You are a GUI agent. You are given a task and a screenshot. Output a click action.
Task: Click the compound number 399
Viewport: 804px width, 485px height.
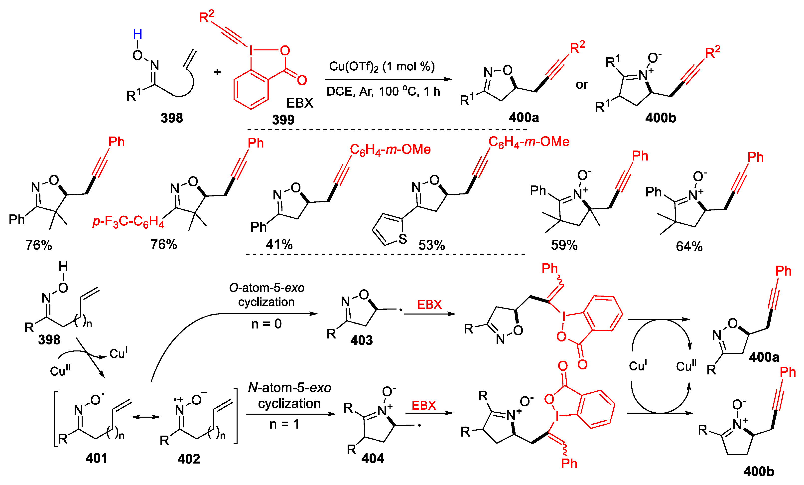[283, 120]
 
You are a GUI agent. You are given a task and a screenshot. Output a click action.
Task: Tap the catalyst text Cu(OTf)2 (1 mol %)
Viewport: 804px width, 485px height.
[382, 67]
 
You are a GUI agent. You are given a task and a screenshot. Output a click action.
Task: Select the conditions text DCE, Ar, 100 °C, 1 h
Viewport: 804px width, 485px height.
[383, 91]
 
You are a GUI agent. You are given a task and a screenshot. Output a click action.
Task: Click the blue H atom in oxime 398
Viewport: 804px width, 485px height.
[137, 34]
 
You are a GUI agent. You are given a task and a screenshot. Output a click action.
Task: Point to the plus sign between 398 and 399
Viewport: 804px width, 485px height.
[217, 72]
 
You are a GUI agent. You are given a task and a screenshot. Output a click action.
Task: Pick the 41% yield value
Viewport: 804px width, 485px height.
[279, 244]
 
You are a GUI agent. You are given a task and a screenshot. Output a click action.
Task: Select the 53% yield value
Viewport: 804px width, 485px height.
[431, 245]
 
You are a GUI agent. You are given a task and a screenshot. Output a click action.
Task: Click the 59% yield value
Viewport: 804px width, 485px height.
[564, 245]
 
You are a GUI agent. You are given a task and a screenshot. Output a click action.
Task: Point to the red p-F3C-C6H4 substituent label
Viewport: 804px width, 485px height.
[128, 222]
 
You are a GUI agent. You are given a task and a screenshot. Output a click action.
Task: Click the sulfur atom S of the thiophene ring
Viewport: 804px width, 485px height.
[403, 239]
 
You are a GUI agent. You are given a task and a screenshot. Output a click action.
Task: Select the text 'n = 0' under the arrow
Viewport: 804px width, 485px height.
[266, 324]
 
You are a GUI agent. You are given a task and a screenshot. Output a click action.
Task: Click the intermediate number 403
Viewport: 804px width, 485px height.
[361, 341]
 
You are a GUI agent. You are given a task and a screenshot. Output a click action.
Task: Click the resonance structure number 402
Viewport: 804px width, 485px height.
[189, 459]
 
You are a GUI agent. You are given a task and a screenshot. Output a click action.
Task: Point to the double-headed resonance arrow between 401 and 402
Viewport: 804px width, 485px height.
[146, 417]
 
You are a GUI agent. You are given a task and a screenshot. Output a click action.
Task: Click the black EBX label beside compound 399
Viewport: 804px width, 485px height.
[299, 103]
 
